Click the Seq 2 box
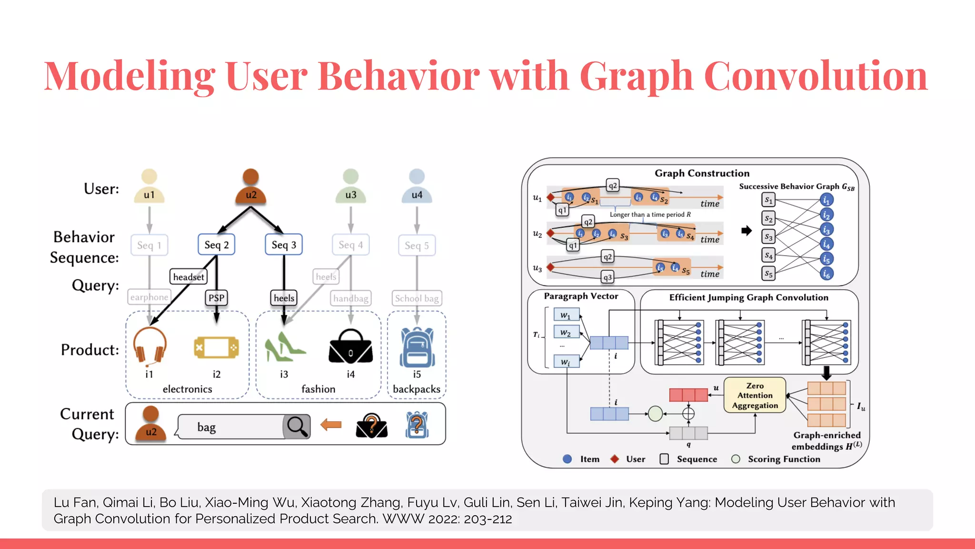pyautogui.click(x=216, y=245)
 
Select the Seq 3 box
pyautogui.click(x=284, y=245)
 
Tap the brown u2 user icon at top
pyautogui.click(x=251, y=187)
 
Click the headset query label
pyautogui.click(x=189, y=277)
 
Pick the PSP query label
pyautogui.click(x=216, y=298)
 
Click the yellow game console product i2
pyautogui.click(x=216, y=347)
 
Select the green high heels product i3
pyautogui.click(x=284, y=347)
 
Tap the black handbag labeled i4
pyautogui.click(x=351, y=347)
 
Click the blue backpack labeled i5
pyautogui.click(x=417, y=347)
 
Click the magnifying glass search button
pyautogui.click(x=297, y=427)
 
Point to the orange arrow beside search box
pyautogui.click(x=331, y=425)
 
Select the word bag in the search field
pyautogui.click(x=207, y=427)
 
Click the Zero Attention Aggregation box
pyautogui.click(x=755, y=396)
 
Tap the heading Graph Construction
pyautogui.click(x=702, y=173)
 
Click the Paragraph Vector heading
pyautogui.click(x=581, y=296)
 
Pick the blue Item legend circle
pyautogui.click(x=567, y=459)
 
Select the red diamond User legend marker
pyautogui.click(x=615, y=459)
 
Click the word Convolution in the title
pyautogui.click(x=816, y=76)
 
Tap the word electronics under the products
pyautogui.click(x=187, y=389)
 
